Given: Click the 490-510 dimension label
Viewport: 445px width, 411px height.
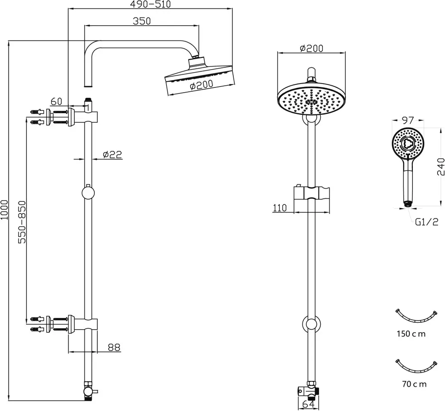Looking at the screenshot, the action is [x=150, y=4].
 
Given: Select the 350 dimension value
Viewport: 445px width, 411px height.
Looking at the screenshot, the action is [x=142, y=21].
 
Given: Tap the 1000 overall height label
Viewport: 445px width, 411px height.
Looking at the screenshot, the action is [x=4, y=210].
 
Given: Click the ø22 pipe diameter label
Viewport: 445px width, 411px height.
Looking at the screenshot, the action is [x=113, y=154].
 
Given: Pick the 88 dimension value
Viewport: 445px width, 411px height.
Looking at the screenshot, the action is [x=114, y=347].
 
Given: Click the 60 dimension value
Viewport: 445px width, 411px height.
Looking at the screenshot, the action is [x=56, y=101].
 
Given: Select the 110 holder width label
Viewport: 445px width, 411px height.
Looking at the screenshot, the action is [x=280, y=208].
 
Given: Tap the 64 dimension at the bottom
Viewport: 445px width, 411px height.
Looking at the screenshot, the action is [x=309, y=404].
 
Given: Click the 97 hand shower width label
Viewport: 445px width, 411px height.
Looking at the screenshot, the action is [x=408, y=120].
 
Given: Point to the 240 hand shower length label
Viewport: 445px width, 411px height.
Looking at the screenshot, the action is [x=441, y=167].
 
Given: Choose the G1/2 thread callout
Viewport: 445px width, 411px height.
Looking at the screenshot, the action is [x=427, y=222].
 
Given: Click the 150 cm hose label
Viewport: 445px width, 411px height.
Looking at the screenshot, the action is [x=411, y=334].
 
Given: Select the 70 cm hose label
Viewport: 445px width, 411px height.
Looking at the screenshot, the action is [x=414, y=384].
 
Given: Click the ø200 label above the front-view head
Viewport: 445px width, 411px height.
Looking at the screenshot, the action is [x=311, y=48].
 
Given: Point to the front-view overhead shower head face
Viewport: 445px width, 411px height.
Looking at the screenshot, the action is [x=311, y=100].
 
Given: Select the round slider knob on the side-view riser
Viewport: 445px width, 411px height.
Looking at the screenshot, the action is [x=88, y=193].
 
